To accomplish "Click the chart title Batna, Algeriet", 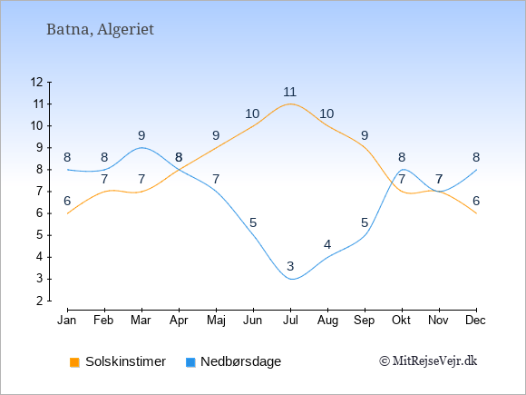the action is click(x=100, y=30).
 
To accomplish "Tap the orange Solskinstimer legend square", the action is click(x=74, y=362).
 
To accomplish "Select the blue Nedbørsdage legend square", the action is click(x=190, y=362).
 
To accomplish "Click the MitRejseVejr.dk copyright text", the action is click(x=428, y=361).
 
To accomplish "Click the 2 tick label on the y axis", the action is click(x=40, y=301).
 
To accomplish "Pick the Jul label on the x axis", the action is click(x=290, y=321).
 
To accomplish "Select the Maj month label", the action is click(x=216, y=321).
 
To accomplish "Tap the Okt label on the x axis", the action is click(x=401, y=321).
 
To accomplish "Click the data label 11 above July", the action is click(x=289, y=92).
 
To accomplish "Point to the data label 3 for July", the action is click(x=290, y=266).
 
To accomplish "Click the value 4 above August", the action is click(x=327, y=244).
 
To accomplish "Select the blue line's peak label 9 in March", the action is click(x=141, y=135).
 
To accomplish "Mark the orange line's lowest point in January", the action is click(x=68, y=213).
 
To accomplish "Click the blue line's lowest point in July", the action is click(x=292, y=279).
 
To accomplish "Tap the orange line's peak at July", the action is click(x=290, y=104).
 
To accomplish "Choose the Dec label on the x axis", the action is click(x=475, y=321).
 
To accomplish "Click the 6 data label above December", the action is click(x=476, y=201).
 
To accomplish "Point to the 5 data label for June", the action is click(x=253, y=222).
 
